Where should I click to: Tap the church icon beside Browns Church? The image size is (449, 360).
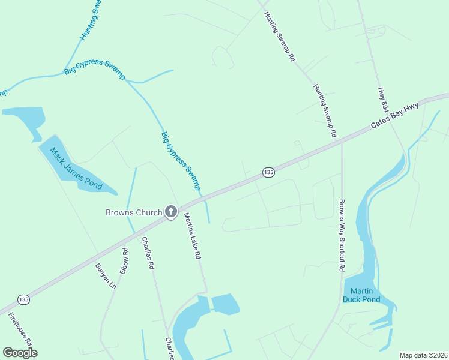[171, 211]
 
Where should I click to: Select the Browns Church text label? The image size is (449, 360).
[134, 212]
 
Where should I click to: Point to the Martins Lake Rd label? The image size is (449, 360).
[191, 236]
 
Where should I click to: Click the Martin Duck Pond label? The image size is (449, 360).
[361, 295]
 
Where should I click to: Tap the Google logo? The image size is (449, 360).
[20, 352]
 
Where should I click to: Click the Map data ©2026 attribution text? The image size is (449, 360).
[423, 355]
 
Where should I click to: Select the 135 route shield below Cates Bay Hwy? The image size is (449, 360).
[268, 172]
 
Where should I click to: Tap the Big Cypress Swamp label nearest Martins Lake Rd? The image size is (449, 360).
[180, 161]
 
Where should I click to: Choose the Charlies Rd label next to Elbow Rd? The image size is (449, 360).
[148, 253]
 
